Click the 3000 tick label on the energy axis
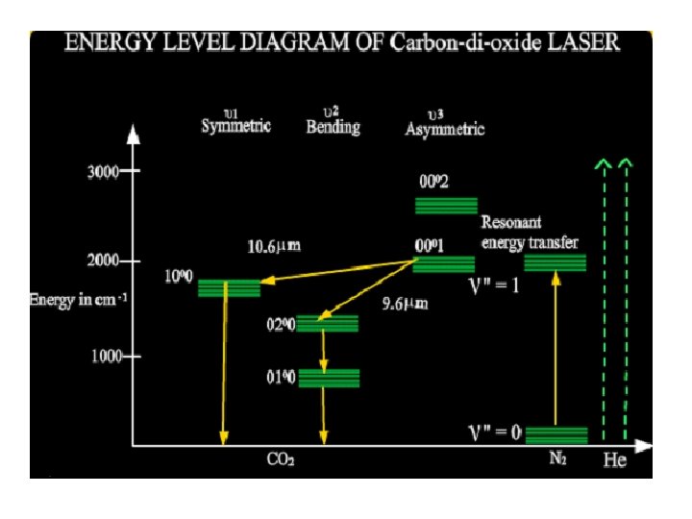point(103,173)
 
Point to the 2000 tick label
point(103,260)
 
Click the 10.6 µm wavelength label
point(274,246)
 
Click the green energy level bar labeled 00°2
point(445,206)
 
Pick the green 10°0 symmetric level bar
point(229,287)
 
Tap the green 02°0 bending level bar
point(327,324)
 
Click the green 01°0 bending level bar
point(329,378)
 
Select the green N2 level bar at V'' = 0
point(556,434)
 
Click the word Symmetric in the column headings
point(235,127)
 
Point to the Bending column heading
point(333,127)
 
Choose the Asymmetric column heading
point(445,129)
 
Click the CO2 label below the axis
point(280,459)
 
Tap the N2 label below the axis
point(557,458)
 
